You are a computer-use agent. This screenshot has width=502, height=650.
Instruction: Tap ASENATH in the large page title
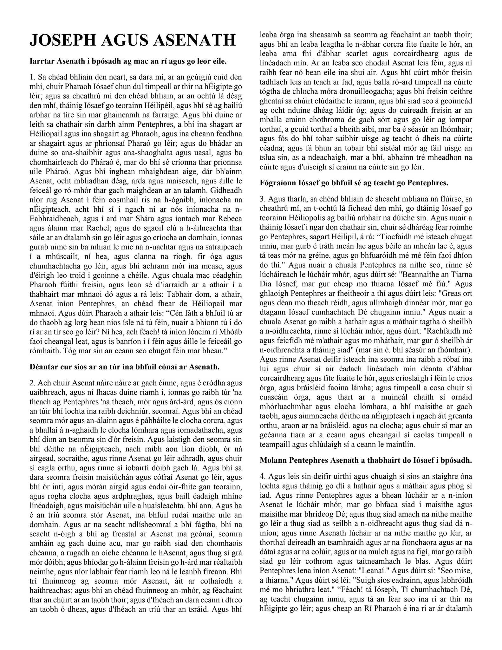tap(196, 41)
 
